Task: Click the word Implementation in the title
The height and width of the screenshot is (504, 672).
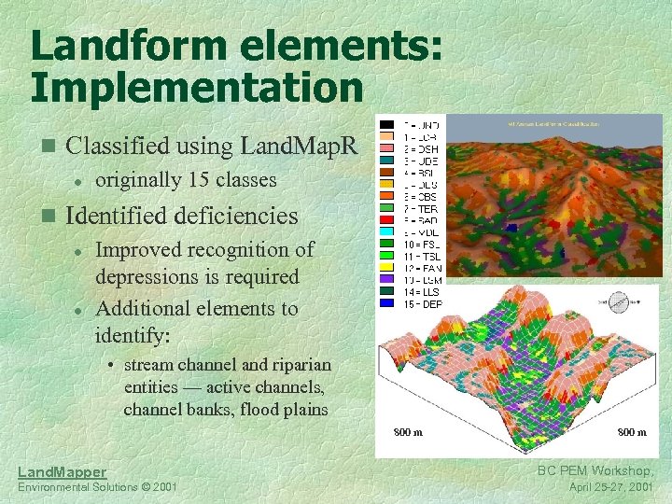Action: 197,88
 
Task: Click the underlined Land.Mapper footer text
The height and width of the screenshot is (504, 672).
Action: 62,472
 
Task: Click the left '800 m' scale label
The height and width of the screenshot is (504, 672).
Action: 407,433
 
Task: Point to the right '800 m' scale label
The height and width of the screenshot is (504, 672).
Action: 632,433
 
